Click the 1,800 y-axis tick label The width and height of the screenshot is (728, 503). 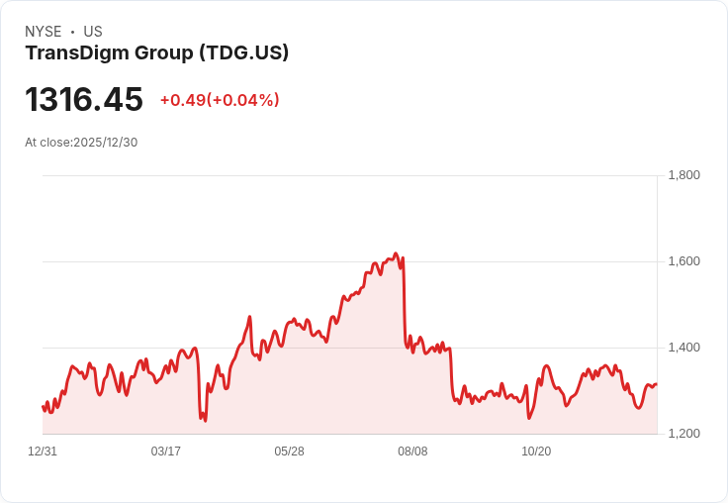click(x=683, y=175)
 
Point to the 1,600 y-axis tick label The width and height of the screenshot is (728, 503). click(x=683, y=261)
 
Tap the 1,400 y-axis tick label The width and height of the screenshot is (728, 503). click(x=683, y=348)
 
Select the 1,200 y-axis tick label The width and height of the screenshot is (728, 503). click(x=683, y=434)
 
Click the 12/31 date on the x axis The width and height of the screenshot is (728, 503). click(x=43, y=452)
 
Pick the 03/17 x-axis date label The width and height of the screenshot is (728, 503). click(x=166, y=452)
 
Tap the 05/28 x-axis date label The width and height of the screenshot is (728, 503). click(x=289, y=452)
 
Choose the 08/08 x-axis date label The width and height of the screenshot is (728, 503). click(x=412, y=452)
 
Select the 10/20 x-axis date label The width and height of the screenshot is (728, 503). click(x=536, y=452)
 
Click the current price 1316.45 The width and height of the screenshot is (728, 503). click(x=84, y=99)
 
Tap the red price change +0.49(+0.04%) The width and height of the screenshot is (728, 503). click(x=220, y=100)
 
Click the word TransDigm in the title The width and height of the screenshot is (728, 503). click(x=77, y=52)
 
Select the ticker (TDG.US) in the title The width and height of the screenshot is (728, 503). click(x=244, y=52)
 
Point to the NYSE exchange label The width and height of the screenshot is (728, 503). click(x=44, y=32)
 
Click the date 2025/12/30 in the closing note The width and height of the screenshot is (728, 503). click(x=106, y=143)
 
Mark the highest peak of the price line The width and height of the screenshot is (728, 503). click(x=396, y=253)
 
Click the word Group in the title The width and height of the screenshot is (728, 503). click(x=164, y=53)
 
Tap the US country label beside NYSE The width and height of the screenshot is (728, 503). click(x=93, y=32)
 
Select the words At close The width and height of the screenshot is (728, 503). click(x=47, y=143)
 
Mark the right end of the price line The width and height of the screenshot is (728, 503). click(x=657, y=384)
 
